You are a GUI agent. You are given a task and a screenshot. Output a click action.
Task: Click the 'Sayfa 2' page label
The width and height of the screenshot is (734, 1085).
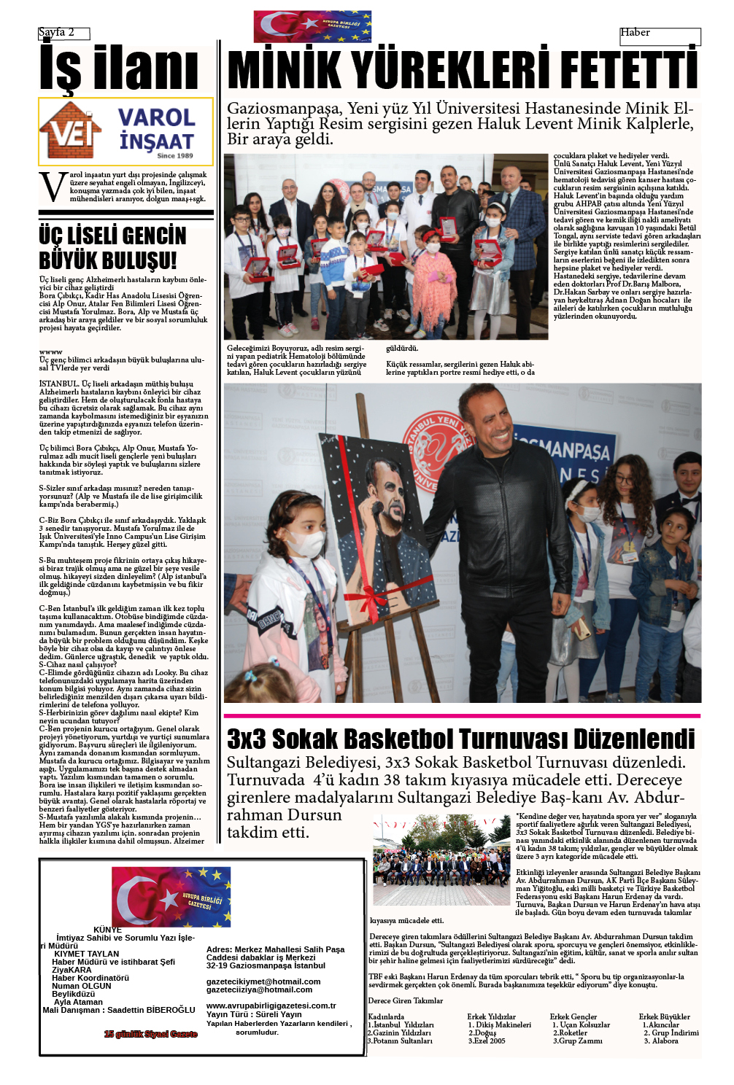click(x=57, y=33)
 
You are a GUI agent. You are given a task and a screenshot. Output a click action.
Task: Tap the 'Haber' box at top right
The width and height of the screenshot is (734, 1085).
click(x=636, y=33)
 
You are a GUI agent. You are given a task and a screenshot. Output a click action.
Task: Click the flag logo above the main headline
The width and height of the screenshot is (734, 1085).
click(x=312, y=26)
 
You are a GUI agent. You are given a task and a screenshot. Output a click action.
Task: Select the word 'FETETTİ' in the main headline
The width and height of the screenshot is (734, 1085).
click(x=628, y=71)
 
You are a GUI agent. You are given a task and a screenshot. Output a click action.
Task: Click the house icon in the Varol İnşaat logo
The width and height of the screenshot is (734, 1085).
click(x=70, y=131)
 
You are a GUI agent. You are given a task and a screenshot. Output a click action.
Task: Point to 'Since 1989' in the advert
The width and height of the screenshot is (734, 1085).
click(x=175, y=155)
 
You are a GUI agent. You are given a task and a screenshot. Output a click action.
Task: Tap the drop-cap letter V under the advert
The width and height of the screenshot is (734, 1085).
click(x=53, y=187)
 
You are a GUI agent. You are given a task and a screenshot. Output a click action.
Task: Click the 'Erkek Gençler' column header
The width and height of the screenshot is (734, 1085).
click(x=573, y=1016)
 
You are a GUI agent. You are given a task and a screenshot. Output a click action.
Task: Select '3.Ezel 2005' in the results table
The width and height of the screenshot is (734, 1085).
click(x=487, y=1041)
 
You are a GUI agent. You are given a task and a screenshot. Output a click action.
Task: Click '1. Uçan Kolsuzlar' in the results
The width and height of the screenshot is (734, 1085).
click(x=581, y=1024)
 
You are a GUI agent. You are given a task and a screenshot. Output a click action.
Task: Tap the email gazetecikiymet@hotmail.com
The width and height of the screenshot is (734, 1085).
click(x=263, y=981)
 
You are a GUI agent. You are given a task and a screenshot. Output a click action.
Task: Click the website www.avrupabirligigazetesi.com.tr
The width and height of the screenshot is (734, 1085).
click(x=271, y=1006)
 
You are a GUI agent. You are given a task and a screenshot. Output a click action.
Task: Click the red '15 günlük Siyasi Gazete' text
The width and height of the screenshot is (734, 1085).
click(x=150, y=1034)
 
